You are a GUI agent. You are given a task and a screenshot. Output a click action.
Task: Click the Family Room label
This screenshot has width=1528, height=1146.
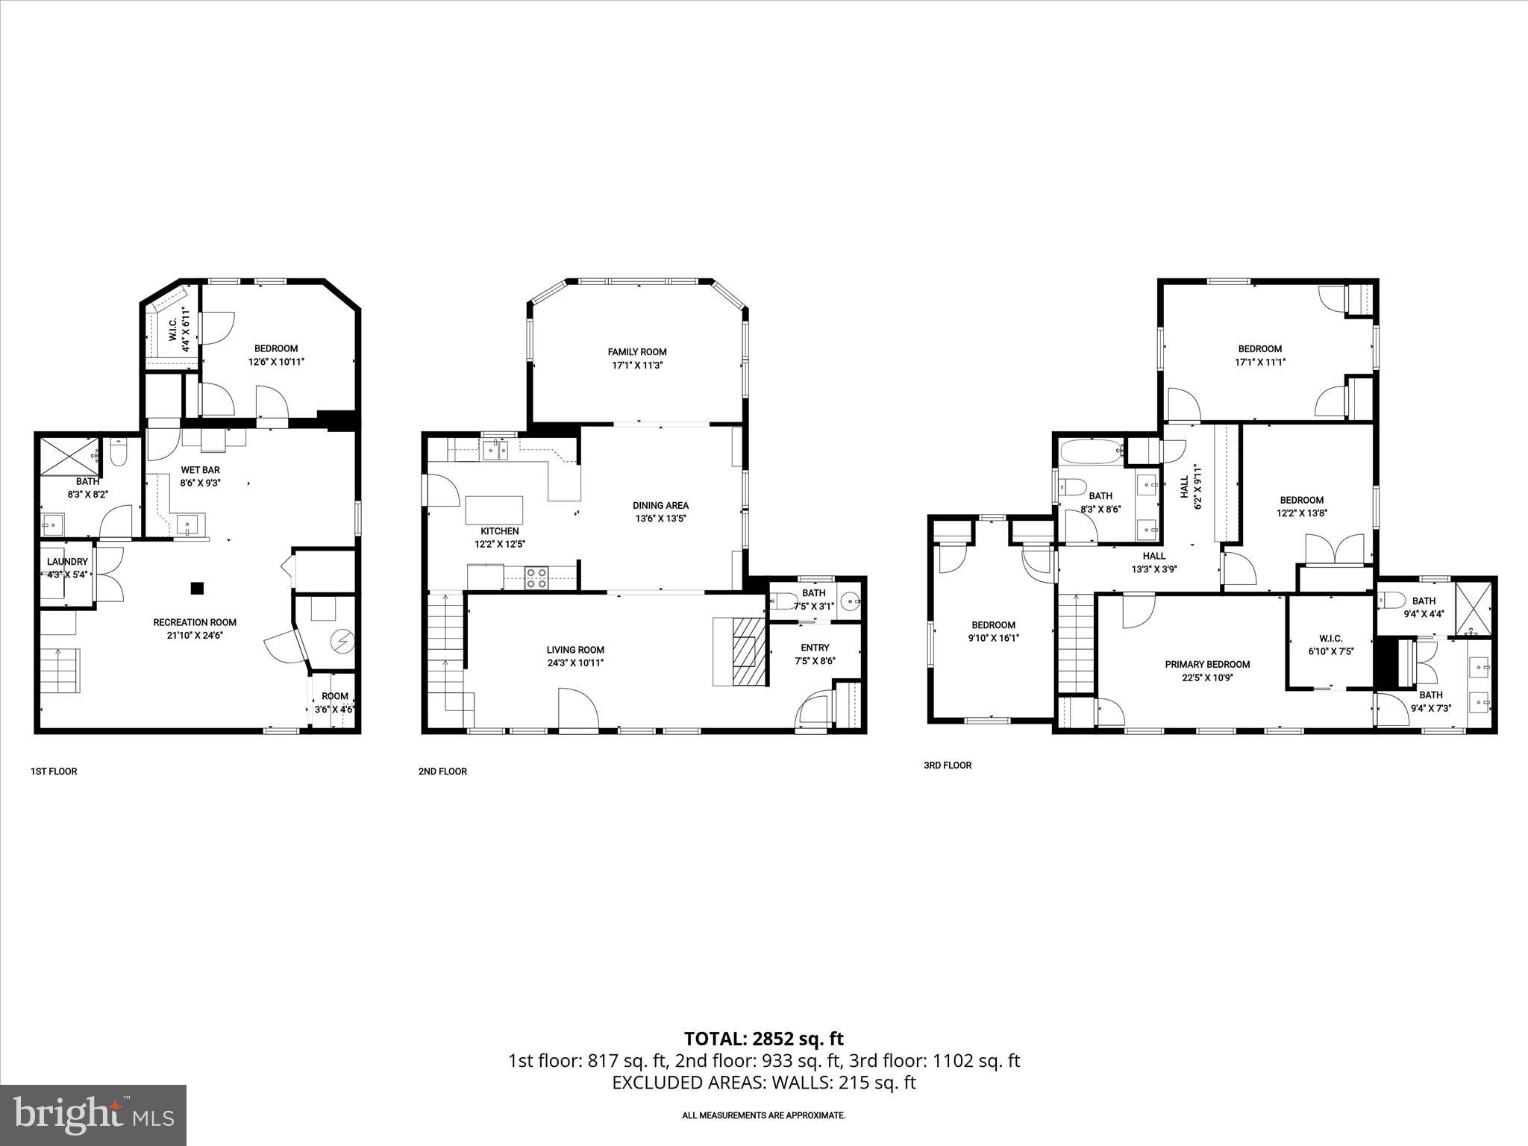pos(636,352)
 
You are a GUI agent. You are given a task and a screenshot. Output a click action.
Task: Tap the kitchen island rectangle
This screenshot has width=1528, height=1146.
pos(494,511)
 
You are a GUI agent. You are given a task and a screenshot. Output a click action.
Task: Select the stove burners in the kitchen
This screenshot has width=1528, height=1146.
pos(536,578)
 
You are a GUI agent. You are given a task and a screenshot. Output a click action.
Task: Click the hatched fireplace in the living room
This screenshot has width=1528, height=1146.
pos(749,651)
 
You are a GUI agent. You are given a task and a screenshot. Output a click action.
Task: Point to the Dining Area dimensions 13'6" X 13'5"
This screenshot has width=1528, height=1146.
pos(660,519)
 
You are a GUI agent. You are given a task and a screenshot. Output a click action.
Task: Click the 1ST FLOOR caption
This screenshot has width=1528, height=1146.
pos(54,771)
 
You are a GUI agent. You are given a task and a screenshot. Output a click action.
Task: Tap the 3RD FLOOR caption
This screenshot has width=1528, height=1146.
pos(948,765)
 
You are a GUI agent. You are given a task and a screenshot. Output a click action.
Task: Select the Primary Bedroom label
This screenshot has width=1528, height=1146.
pos(1207,665)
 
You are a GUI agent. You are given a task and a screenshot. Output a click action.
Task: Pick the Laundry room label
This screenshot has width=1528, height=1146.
pos(67,562)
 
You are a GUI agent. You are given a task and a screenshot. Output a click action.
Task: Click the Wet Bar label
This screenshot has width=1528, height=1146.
pos(200,470)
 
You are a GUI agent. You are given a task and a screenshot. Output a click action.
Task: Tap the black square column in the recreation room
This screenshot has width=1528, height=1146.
pos(197,589)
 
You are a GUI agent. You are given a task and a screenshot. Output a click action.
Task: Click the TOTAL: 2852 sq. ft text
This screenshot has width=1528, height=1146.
pos(763,1039)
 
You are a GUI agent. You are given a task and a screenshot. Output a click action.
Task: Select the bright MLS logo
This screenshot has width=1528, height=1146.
pos(93,1115)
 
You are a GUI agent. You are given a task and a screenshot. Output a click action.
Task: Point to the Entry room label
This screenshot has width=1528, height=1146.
pos(815,648)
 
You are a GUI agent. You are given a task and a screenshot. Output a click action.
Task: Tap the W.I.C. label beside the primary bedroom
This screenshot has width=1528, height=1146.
pos(1330,639)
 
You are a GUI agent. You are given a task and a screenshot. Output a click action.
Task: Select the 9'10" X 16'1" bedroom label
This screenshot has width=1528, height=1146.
pos(993,638)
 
